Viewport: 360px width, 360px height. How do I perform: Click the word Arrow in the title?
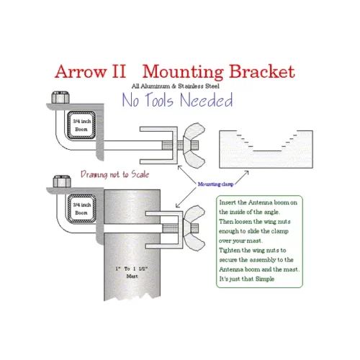82,72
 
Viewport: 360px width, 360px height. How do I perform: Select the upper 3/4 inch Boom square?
81,125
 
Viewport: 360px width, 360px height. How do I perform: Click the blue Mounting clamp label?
218,185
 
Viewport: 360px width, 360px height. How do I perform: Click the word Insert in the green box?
228,203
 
